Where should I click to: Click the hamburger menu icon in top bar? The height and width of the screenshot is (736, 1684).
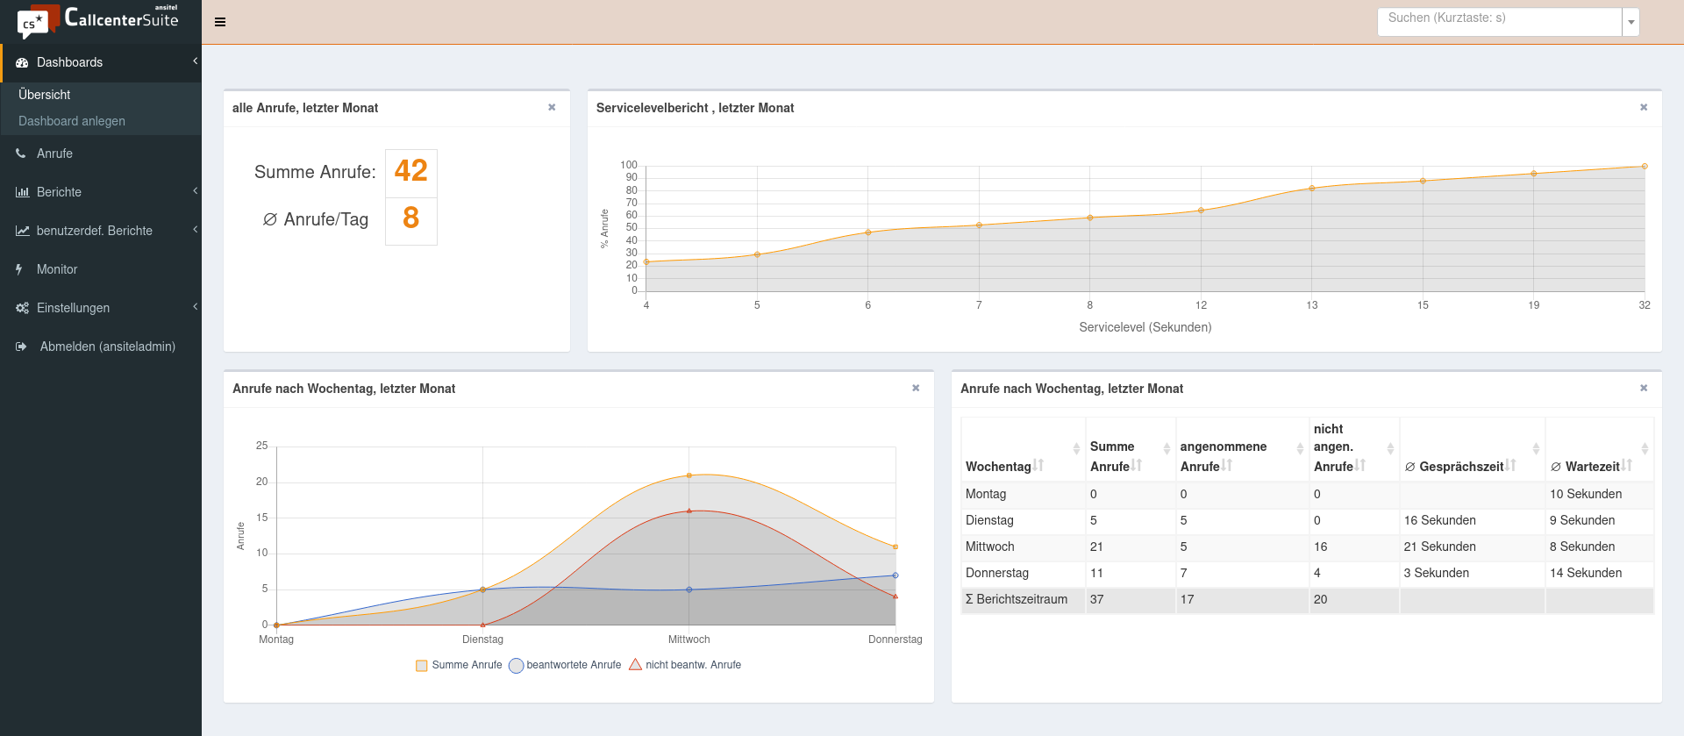pyautogui.click(x=220, y=22)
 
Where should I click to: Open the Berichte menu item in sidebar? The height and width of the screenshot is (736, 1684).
pyautogui.click(x=59, y=192)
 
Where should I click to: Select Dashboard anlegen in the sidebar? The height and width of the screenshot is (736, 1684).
pyautogui.click(x=72, y=121)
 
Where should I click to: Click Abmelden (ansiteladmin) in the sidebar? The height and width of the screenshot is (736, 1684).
pyautogui.click(x=107, y=347)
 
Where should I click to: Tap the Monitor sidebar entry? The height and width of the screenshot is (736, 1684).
pyautogui.click(x=57, y=269)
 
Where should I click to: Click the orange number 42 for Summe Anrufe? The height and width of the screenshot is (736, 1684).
pyautogui.click(x=410, y=171)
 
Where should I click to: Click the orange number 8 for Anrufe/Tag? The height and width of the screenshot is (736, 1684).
pyautogui.click(x=410, y=218)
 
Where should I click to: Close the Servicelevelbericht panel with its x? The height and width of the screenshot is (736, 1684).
pyautogui.click(x=1644, y=107)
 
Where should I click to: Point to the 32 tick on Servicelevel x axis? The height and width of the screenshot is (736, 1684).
pyautogui.click(x=1644, y=305)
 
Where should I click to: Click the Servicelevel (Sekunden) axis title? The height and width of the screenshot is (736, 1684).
pyautogui.click(x=1145, y=327)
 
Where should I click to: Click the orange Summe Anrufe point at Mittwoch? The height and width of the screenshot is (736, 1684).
pyautogui.click(x=689, y=475)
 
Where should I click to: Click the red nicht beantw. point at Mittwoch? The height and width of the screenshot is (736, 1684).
pyautogui.click(x=689, y=511)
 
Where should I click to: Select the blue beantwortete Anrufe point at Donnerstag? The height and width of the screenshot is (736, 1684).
pyautogui.click(x=896, y=575)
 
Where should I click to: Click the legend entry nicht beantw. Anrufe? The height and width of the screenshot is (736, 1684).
pyautogui.click(x=693, y=665)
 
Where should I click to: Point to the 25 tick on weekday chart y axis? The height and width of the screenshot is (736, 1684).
pyautogui.click(x=261, y=446)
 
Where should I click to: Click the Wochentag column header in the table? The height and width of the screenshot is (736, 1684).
pyautogui.click(x=998, y=467)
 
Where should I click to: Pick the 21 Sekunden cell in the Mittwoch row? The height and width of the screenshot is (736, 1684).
pyautogui.click(x=1439, y=547)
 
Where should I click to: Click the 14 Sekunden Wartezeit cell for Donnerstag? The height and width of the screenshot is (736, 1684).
pyautogui.click(x=1585, y=573)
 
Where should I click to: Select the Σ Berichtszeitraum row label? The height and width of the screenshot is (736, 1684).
pyautogui.click(x=1017, y=599)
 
